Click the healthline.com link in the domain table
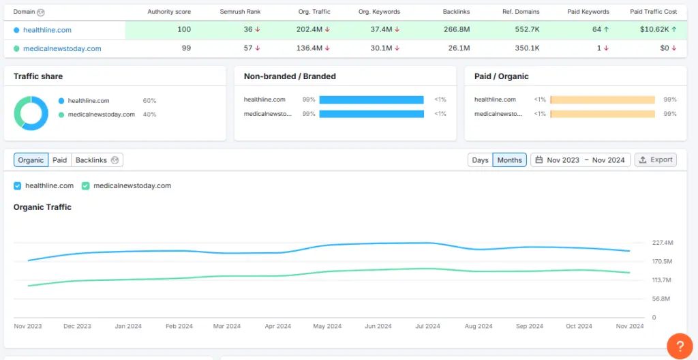click(x=47, y=30)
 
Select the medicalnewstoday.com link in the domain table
click(x=62, y=48)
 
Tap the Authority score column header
click(x=169, y=12)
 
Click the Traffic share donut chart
click(x=31, y=113)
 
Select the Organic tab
click(x=31, y=160)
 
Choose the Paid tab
click(x=60, y=160)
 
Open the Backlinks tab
click(x=91, y=160)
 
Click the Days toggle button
click(x=480, y=160)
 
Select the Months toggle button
click(x=509, y=160)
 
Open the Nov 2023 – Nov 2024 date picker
click(x=580, y=160)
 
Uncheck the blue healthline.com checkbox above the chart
click(x=18, y=185)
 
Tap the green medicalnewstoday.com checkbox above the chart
click(x=86, y=185)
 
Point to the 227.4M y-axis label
click(x=663, y=243)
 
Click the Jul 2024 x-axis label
click(x=427, y=327)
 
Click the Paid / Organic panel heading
click(x=501, y=76)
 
